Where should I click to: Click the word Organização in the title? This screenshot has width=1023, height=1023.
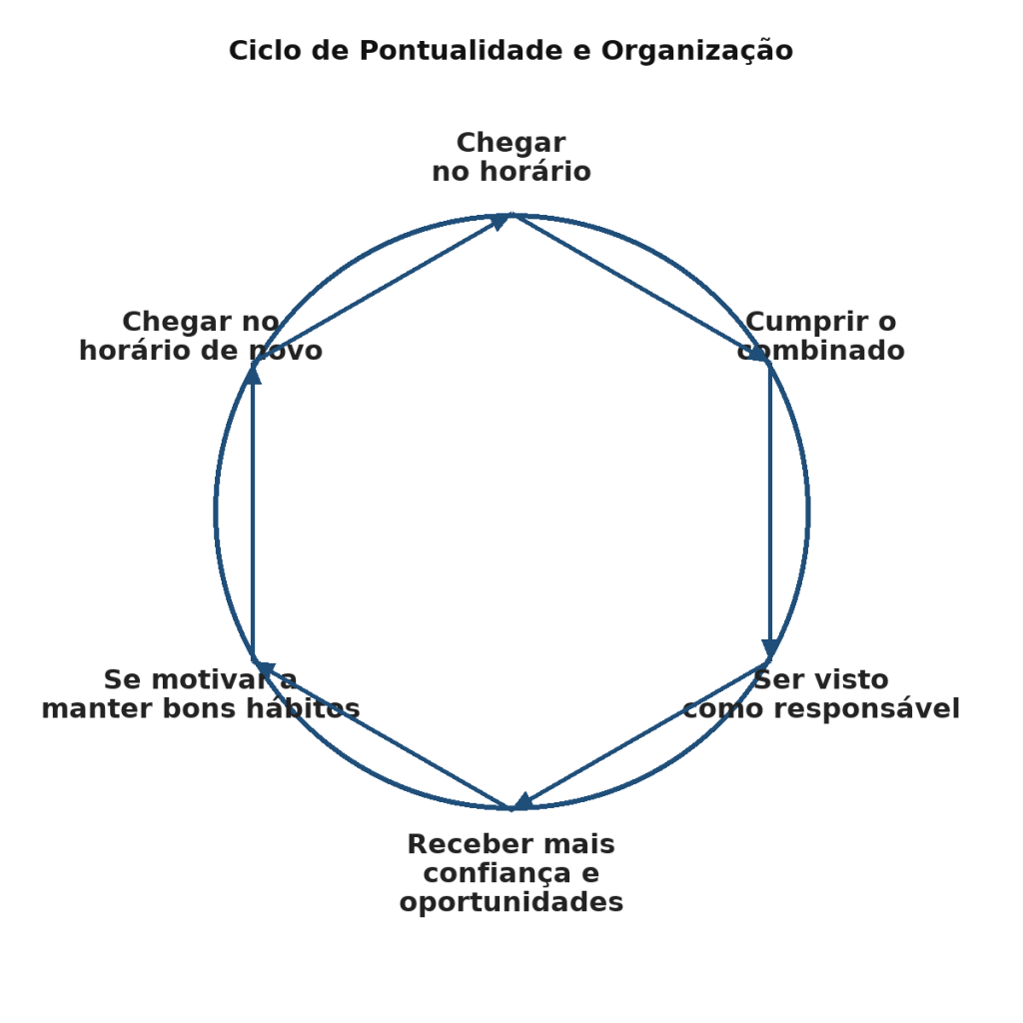(696, 50)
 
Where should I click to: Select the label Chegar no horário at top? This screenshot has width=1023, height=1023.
(511, 158)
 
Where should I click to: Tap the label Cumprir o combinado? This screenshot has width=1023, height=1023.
(820, 337)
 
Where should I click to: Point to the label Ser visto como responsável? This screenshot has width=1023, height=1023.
(820, 694)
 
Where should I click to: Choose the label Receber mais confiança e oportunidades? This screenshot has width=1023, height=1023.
(511, 873)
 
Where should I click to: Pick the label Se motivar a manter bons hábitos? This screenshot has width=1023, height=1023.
(200, 694)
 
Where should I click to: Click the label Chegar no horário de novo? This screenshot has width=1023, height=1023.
(200, 337)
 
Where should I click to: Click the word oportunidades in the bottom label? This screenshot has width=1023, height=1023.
(511, 902)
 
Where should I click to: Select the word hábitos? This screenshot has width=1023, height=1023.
(309, 709)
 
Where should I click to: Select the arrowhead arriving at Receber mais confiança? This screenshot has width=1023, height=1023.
(522, 802)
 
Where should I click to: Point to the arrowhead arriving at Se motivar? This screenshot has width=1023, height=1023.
(263, 666)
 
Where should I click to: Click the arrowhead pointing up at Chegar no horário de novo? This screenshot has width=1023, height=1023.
(253, 375)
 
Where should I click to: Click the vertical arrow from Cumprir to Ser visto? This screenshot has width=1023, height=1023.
(770, 500)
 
